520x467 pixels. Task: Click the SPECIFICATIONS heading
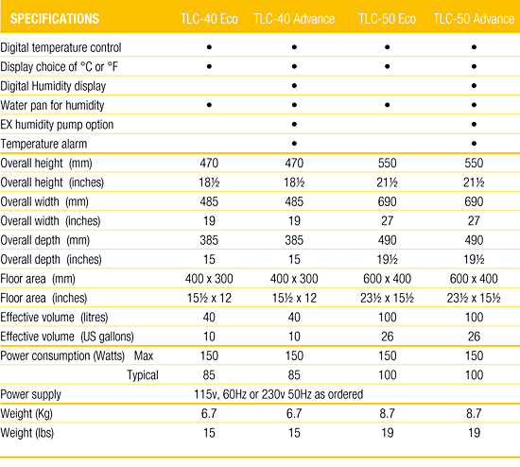pyautogui.click(x=55, y=19)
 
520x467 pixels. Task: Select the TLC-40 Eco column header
pyautogui.click(x=209, y=19)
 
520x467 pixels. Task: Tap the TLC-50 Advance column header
pyautogui.click(x=474, y=19)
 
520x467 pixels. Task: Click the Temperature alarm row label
pyautogui.click(x=43, y=144)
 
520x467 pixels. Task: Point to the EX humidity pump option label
pyautogui.click(x=57, y=125)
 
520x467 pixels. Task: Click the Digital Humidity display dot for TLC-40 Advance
pyautogui.click(x=294, y=86)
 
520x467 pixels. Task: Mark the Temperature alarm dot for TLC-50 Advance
pyautogui.click(x=474, y=144)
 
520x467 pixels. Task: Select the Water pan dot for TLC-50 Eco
pyautogui.click(x=387, y=105)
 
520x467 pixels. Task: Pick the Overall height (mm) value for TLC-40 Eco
pyautogui.click(x=209, y=164)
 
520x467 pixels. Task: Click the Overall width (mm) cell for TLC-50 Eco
pyautogui.click(x=387, y=201)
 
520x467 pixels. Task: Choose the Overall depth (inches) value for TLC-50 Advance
pyautogui.click(x=474, y=259)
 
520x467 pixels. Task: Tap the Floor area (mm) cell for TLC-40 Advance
pyautogui.click(x=294, y=279)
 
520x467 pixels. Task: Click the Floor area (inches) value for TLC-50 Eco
pyautogui.click(x=387, y=298)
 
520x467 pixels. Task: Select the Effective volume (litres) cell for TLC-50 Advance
pyautogui.click(x=474, y=317)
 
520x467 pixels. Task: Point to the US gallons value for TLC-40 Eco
pyautogui.click(x=209, y=337)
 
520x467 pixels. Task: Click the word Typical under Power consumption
pyautogui.click(x=143, y=375)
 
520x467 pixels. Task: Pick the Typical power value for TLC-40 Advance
pyautogui.click(x=294, y=374)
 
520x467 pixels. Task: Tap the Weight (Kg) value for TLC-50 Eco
pyautogui.click(x=387, y=413)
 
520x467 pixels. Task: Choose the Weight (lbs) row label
pyautogui.click(x=27, y=433)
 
